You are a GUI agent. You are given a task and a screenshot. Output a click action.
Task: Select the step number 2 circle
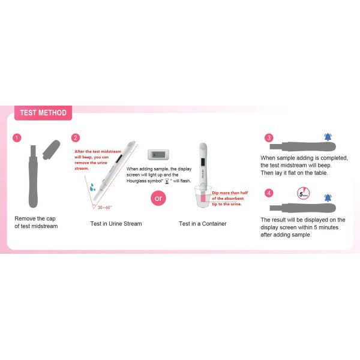[76, 138]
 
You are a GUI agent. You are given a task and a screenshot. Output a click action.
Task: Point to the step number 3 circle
[269, 138]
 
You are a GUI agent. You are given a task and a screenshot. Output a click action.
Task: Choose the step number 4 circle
[269, 193]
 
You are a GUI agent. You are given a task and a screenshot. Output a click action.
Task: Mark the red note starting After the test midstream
[92, 159]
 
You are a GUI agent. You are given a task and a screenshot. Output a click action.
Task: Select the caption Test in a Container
[202, 224]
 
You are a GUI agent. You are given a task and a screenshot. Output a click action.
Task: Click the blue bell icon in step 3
[327, 138]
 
